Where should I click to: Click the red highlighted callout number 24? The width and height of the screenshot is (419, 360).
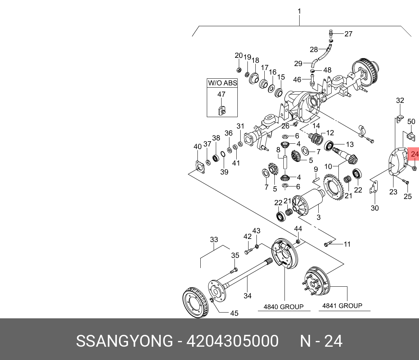point(415,154)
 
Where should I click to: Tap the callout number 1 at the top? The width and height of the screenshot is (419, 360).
point(299,11)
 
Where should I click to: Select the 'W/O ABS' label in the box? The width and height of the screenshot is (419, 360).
point(222,83)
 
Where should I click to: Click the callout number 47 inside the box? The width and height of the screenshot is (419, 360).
point(221,94)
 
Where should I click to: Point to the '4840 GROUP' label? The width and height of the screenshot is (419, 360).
point(283,307)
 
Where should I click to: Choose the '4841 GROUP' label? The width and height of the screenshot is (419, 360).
point(342,306)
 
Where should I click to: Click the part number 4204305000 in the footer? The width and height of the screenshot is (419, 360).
point(232,341)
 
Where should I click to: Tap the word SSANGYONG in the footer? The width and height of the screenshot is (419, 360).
point(124,341)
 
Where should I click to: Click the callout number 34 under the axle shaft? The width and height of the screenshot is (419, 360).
point(247,296)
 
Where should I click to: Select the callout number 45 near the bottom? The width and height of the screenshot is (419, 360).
point(234,313)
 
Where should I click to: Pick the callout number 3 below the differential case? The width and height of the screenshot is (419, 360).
point(318,217)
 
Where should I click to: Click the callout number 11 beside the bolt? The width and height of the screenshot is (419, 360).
point(347,244)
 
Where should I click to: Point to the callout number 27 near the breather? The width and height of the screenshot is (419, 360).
point(348,34)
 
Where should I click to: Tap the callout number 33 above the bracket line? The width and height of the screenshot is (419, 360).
point(214,239)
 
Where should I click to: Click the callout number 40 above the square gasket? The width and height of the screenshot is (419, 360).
point(197,147)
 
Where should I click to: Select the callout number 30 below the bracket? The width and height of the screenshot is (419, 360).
point(375,208)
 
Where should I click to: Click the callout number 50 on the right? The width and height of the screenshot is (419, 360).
point(411,121)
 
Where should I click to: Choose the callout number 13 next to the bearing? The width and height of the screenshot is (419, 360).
point(350,144)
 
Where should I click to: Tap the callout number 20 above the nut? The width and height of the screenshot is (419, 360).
point(239,55)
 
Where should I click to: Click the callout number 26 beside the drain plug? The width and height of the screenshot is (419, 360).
point(285,126)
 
